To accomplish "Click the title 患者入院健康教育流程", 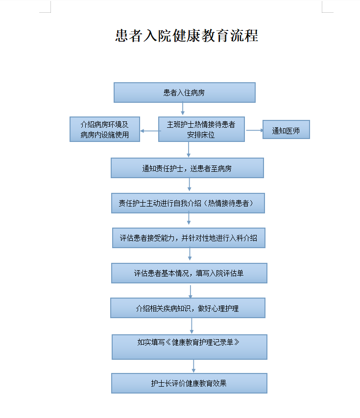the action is (187, 36).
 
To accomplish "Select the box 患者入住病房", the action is (185, 93).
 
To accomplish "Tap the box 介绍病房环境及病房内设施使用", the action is (105, 129).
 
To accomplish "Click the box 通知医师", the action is (286, 130).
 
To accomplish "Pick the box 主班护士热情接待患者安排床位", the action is (201, 129).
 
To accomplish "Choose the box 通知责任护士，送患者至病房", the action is (187, 168).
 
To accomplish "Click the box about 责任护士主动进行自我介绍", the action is (188, 203).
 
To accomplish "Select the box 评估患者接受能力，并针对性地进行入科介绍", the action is (189, 238).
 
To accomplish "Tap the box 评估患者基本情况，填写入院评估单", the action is (189, 273).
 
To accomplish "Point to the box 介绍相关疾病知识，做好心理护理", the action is (188, 308).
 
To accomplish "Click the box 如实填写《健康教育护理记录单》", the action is (190, 347).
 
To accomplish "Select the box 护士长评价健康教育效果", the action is (189, 383).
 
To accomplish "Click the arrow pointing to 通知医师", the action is (254, 130).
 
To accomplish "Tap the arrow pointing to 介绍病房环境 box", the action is (151, 131).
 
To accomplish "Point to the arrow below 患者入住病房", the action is (183, 109).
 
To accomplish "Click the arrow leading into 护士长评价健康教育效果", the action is (193, 366).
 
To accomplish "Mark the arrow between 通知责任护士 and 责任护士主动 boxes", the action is (190, 185).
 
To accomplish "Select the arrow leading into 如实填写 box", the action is (192, 326).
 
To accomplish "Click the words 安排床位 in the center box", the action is (201, 135).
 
